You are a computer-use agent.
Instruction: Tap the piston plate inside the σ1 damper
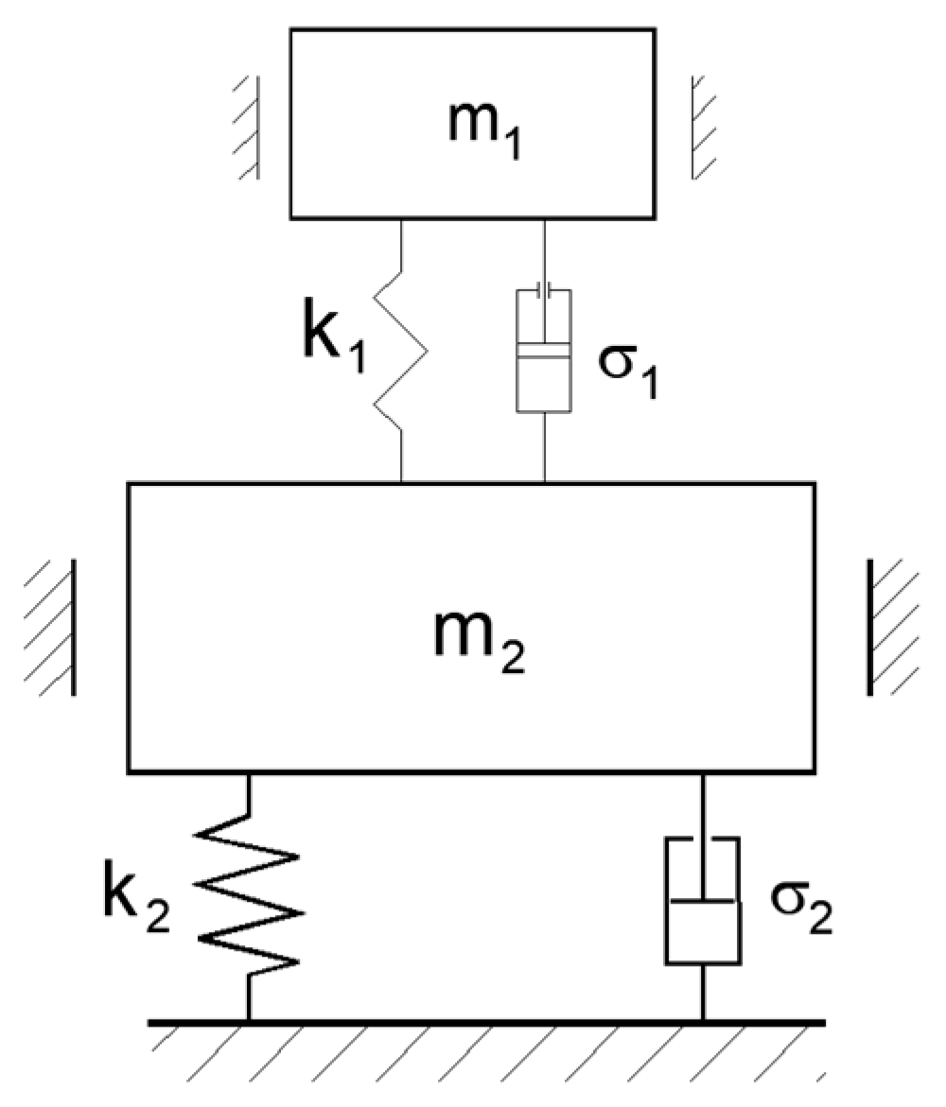pos(543,351)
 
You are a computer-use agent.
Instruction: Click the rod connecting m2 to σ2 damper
pos(702,804)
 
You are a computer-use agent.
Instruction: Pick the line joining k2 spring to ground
pos(249,997)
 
